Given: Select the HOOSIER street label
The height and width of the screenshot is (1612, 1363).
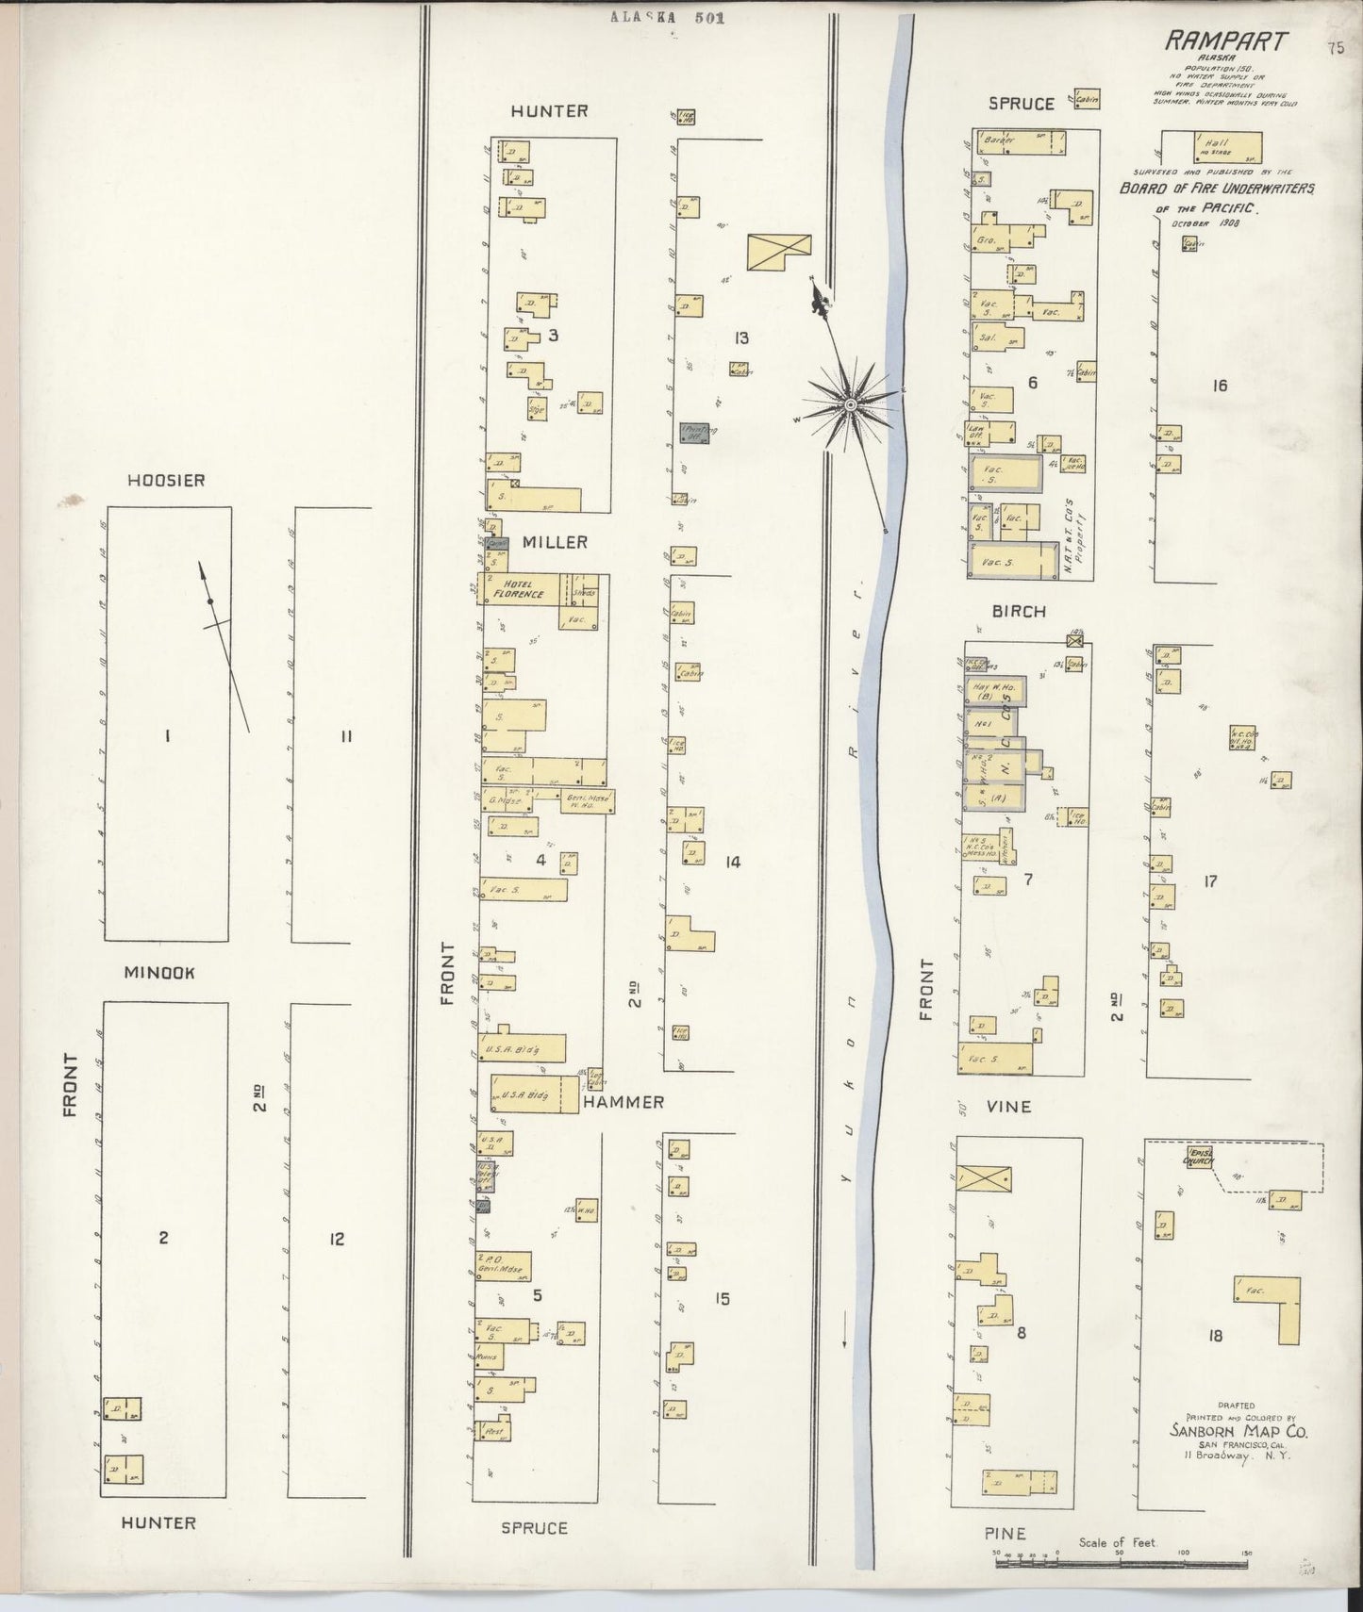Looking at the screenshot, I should pyautogui.click(x=167, y=481).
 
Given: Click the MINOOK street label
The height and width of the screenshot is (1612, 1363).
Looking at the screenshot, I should pyautogui.click(x=159, y=972).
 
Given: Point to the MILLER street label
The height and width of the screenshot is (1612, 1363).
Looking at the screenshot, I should pyautogui.click(x=549, y=542).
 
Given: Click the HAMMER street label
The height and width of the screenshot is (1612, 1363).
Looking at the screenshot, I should pyautogui.click(x=623, y=1101).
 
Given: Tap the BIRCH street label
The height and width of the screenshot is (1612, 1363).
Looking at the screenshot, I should pyautogui.click(x=1019, y=611).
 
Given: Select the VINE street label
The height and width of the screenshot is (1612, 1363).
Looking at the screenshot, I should pyautogui.click(x=1008, y=1107).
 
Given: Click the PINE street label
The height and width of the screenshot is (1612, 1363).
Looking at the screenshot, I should pyautogui.click(x=1005, y=1534).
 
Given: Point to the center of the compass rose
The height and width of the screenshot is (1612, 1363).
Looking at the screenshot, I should pyautogui.click(x=851, y=404).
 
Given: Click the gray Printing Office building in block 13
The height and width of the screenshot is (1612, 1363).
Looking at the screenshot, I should pyautogui.click(x=699, y=433).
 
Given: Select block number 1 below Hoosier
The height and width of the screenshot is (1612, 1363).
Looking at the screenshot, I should pyautogui.click(x=167, y=736).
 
